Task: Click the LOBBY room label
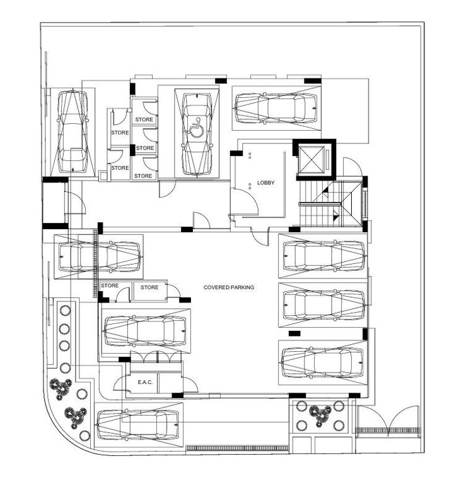coord(266,183)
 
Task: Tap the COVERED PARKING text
coord(229,287)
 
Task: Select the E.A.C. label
coord(145,383)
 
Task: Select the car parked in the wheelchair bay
coord(196,134)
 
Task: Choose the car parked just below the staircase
coord(323,255)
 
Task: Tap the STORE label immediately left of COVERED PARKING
coord(149,287)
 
